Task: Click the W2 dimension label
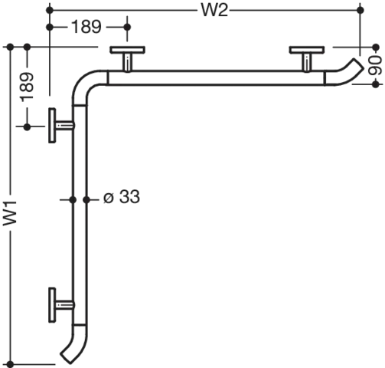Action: (214, 11)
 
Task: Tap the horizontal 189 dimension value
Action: (86, 27)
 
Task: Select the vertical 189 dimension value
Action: (28, 87)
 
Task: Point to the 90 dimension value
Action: (376, 66)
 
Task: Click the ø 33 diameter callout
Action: (122, 197)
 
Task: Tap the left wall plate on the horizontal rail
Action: (128, 50)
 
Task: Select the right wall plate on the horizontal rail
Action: (307, 50)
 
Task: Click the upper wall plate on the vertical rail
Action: (52, 126)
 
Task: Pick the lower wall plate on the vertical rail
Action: (52, 305)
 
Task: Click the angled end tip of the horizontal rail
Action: (357, 65)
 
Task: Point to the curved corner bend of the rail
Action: (84, 82)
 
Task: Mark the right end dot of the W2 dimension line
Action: (361, 11)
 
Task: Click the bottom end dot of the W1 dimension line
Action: (10, 364)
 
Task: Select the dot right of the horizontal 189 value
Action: (127, 27)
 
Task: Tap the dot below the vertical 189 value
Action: (27, 127)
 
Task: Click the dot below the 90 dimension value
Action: (376, 84)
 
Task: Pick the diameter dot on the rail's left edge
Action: (73, 200)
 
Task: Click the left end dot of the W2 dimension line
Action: (50, 11)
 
